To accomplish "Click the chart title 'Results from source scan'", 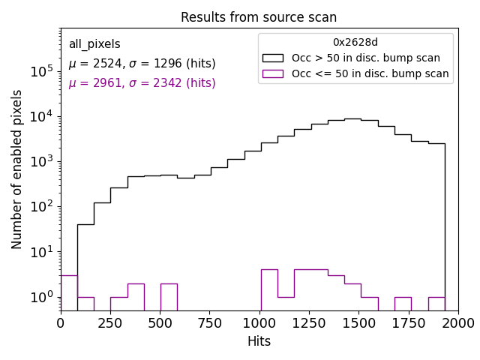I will pos(259,17).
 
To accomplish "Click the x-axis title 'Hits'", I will pos(259,341).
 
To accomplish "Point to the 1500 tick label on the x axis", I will pos(358,322).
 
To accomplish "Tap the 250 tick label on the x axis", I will pos(110,322).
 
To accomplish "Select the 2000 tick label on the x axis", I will pos(457,322).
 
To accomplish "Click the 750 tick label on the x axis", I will pos(209,322).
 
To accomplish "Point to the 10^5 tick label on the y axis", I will pos(41,71).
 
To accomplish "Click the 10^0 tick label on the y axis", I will pos(41,297).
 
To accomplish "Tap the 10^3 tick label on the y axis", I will pos(41,161).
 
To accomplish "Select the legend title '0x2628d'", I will pos(355,43).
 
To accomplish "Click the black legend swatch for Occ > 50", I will pos(272,58).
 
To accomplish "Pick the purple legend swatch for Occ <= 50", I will pos(272,73).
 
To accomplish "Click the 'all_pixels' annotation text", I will pos(94,45).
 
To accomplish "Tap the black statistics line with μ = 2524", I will pos(142,64).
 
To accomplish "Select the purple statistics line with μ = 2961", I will pos(142,83).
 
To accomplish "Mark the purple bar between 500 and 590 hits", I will pos(169,296).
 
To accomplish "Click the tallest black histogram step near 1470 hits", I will pos(352,119).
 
